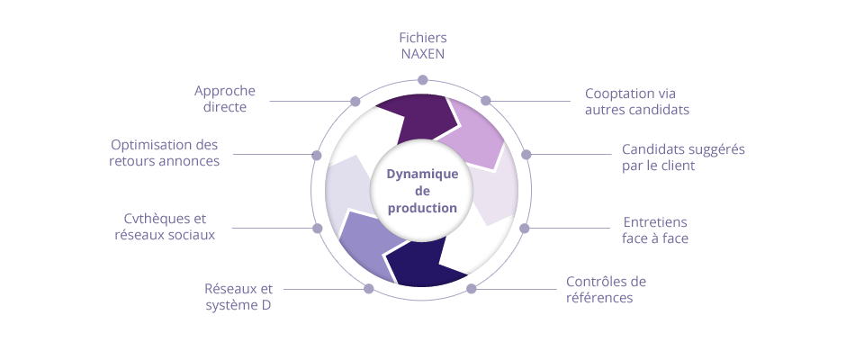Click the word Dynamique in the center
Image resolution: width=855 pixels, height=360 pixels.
[x=422, y=174]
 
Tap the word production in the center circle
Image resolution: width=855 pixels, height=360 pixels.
[x=422, y=208]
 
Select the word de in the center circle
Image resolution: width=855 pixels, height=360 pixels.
[x=422, y=191]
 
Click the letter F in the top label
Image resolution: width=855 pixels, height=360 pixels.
[x=402, y=38]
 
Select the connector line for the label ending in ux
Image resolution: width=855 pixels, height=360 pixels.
[x=270, y=229]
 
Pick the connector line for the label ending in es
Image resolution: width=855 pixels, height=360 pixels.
[x=270, y=155]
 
